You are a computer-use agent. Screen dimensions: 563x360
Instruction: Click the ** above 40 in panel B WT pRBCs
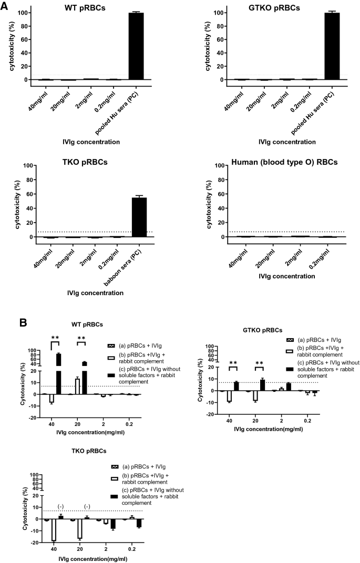pyautogui.click(x=55, y=338)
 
